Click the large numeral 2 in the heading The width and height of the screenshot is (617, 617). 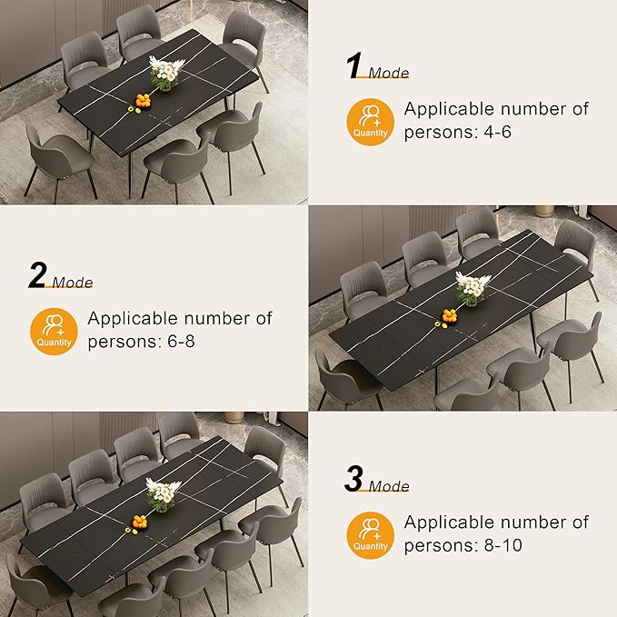click(x=37, y=274)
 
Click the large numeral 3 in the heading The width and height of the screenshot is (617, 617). click(x=353, y=479)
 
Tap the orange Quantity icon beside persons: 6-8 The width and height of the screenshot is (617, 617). click(x=54, y=331)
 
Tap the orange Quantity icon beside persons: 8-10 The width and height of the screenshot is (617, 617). click(x=370, y=535)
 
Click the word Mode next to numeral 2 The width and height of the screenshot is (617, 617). click(x=72, y=283)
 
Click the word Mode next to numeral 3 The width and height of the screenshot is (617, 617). click(x=388, y=487)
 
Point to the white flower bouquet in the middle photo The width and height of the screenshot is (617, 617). click(x=470, y=287)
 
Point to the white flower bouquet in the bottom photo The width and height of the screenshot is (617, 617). click(x=161, y=493)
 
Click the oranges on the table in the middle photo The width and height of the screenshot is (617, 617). click(x=449, y=316)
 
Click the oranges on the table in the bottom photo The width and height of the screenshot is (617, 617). click(x=139, y=522)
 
